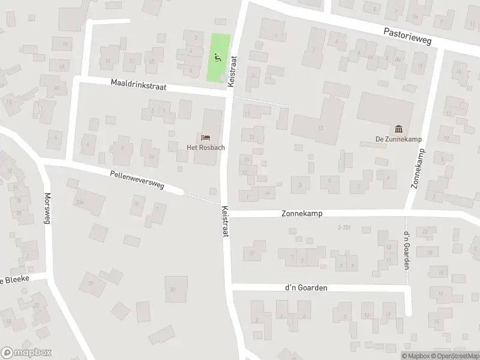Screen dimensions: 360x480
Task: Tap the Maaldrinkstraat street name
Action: (x=139, y=86)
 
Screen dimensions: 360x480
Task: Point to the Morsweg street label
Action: (x=47, y=208)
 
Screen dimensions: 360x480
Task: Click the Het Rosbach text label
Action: (x=202, y=148)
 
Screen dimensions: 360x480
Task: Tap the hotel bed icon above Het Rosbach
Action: (x=206, y=138)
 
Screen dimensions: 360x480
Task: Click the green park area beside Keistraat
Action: (x=219, y=58)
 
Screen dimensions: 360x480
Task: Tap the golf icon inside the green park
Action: (x=217, y=58)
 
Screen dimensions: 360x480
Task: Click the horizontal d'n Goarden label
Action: (x=307, y=288)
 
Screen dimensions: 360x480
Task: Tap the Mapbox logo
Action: (x=25, y=353)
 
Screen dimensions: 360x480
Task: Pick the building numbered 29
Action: (x=91, y=283)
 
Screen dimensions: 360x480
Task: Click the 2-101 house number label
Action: (x=344, y=227)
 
